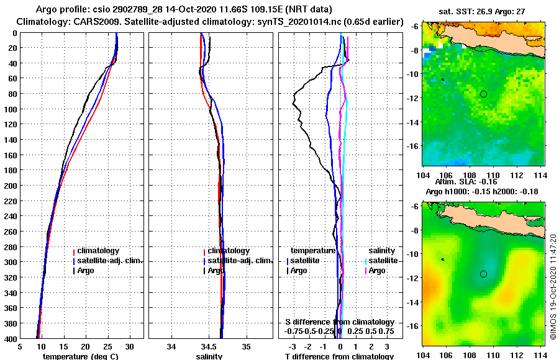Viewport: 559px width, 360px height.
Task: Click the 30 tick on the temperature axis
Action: pyautogui.click(x=129, y=346)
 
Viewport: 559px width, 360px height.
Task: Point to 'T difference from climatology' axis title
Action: pyautogui.click(x=339, y=356)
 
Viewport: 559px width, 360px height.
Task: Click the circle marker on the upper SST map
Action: pyautogui.click(x=483, y=94)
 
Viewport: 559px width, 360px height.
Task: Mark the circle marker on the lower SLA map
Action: pyautogui.click(x=483, y=274)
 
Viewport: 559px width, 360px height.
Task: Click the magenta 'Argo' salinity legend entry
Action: pyautogui.click(x=377, y=271)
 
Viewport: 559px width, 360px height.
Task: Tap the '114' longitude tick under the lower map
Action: pyautogui.click(x=540, y=354)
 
